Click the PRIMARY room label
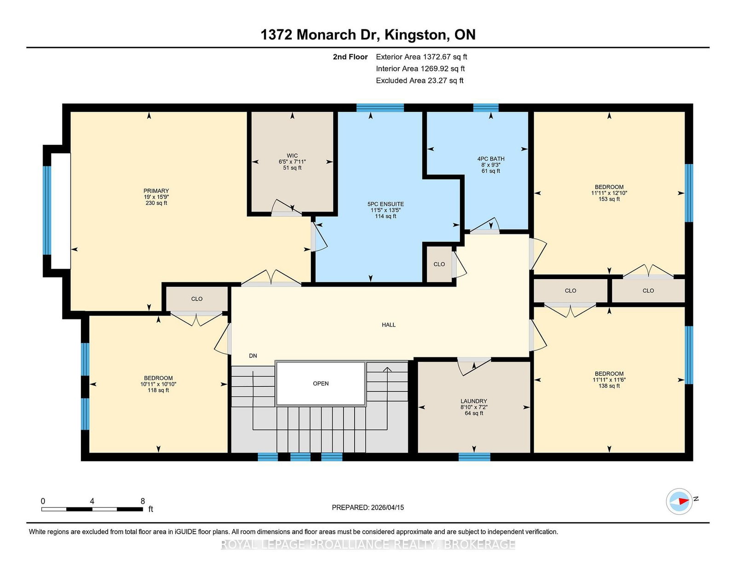tap(156, 191)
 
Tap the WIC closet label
tap(292, 156)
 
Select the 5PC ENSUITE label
tap(385, 204)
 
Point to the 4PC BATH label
tap(490, 159)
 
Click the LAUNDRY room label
tap(473, 401)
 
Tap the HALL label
tap(389, 325)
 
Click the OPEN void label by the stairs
tap(321, 384)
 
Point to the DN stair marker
tap(253, 356)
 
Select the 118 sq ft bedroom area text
tap(158, 390)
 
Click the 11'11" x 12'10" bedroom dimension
tap(609, 193)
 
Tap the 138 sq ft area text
tap(609, 386)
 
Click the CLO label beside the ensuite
tap(439, 264)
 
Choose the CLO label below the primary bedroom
tap(196, 299)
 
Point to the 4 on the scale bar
tap(92, 501)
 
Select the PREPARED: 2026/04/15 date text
tap(368, 507)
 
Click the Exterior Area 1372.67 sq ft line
tap(421, 57)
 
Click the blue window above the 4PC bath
tap(486, 108)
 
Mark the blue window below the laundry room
tap(474, 457)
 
